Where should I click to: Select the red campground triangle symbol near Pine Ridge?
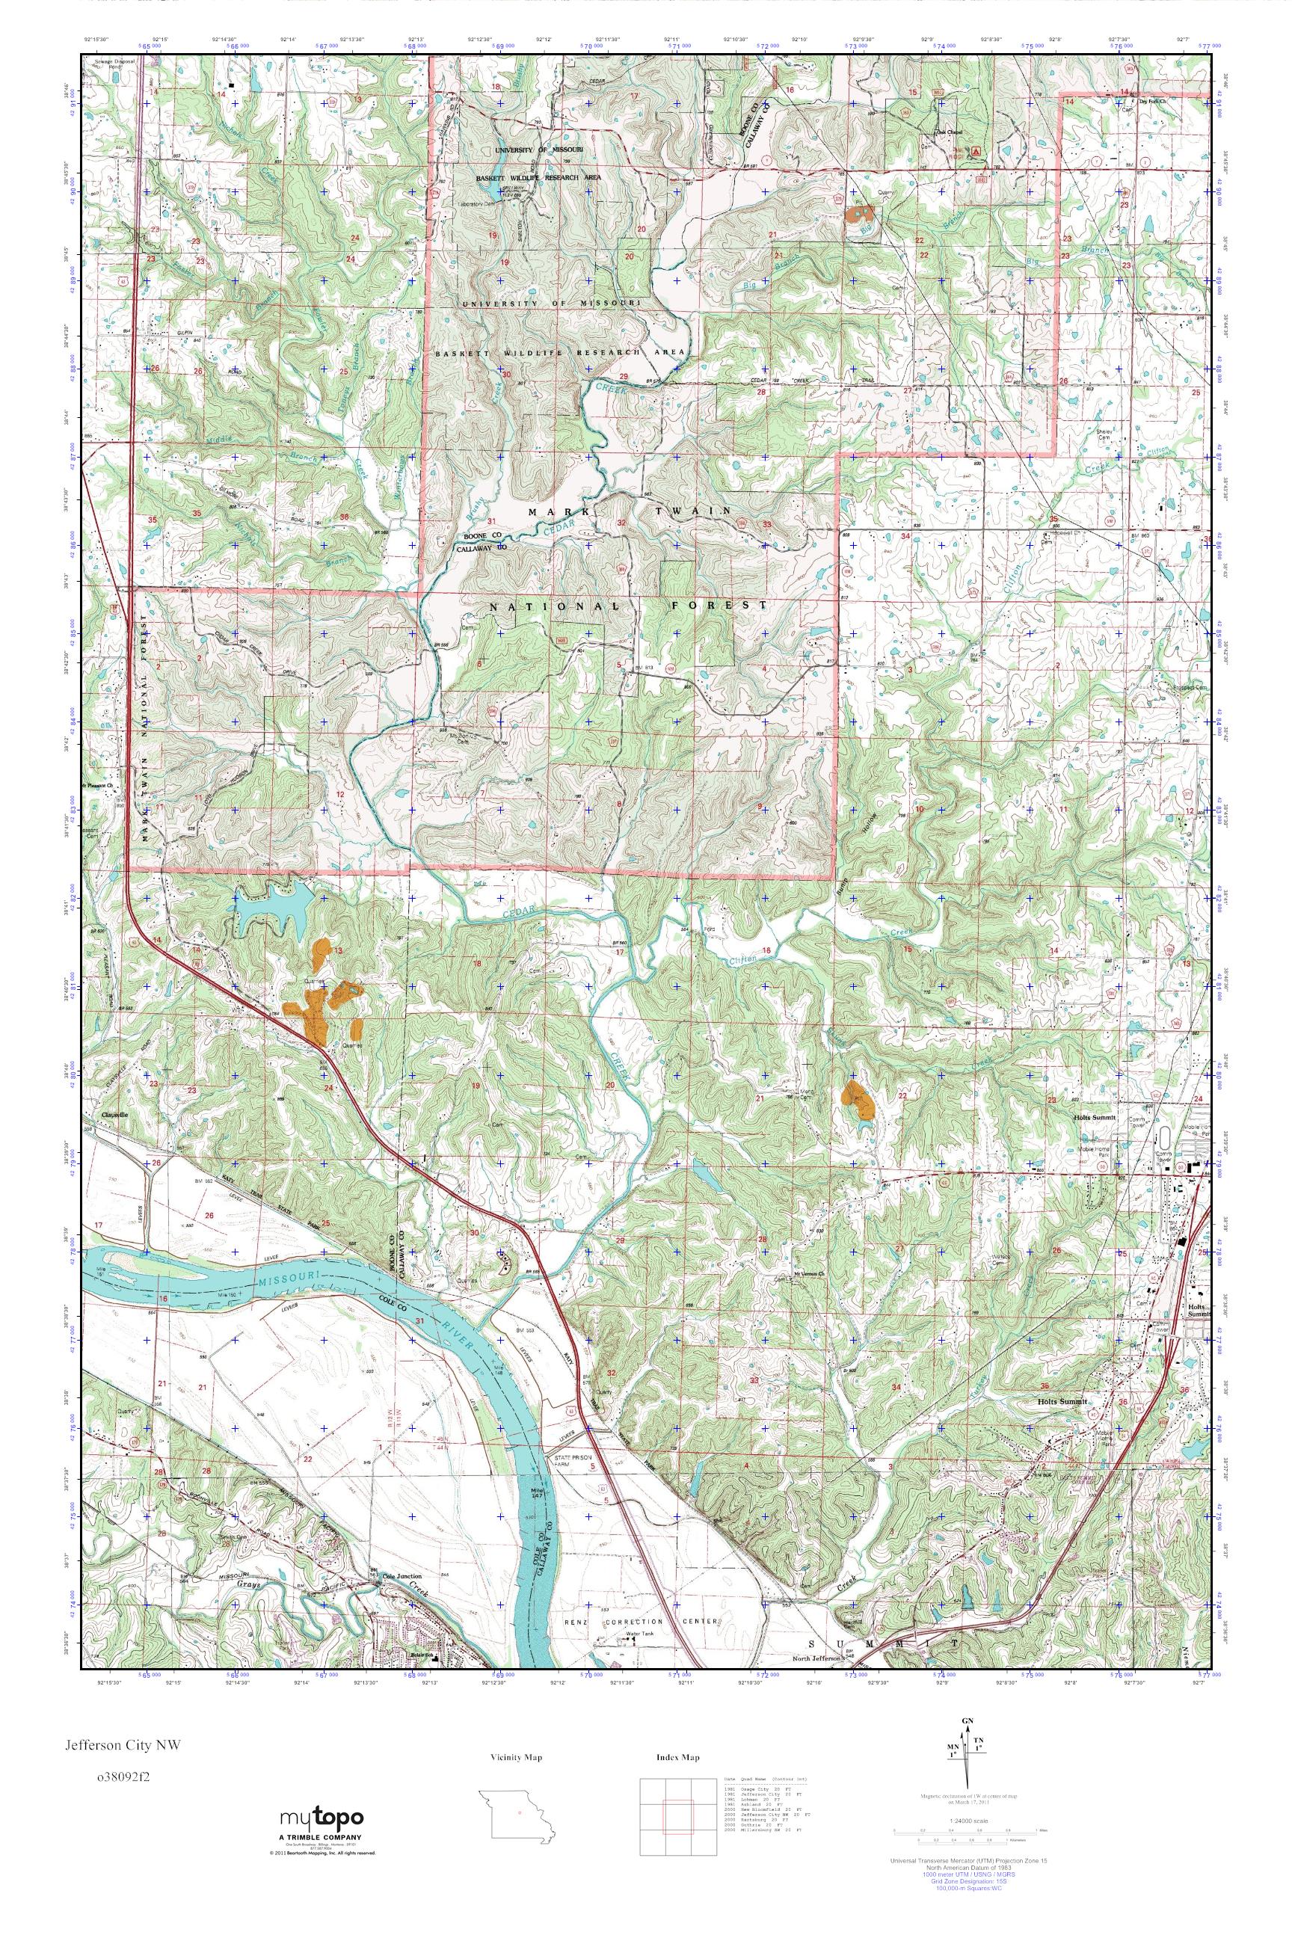[x=978, y=152]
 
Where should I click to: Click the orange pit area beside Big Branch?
[x=858, y=212]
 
